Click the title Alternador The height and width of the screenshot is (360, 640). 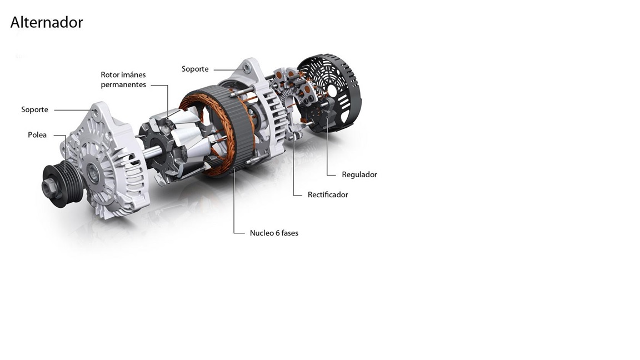[47, 22]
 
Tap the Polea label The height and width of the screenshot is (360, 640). [37, 134]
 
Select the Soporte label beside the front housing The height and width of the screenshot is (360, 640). [34, 110]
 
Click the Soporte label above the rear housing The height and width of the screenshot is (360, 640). [195, 69]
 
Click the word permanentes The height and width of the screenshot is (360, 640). [123, 85]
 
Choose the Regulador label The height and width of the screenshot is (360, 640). [359, 174]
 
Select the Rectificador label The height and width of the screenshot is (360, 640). [328, 194]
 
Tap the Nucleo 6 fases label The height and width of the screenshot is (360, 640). [274, 233]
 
